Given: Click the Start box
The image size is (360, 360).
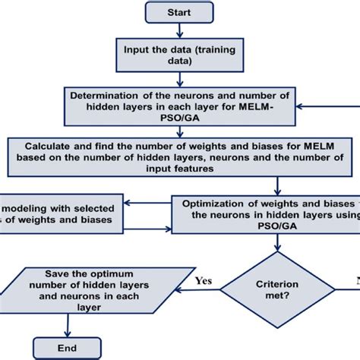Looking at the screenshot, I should point(180,12).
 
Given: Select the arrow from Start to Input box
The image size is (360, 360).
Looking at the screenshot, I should point(180,30).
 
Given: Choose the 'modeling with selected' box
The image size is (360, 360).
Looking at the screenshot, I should point(61,214).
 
